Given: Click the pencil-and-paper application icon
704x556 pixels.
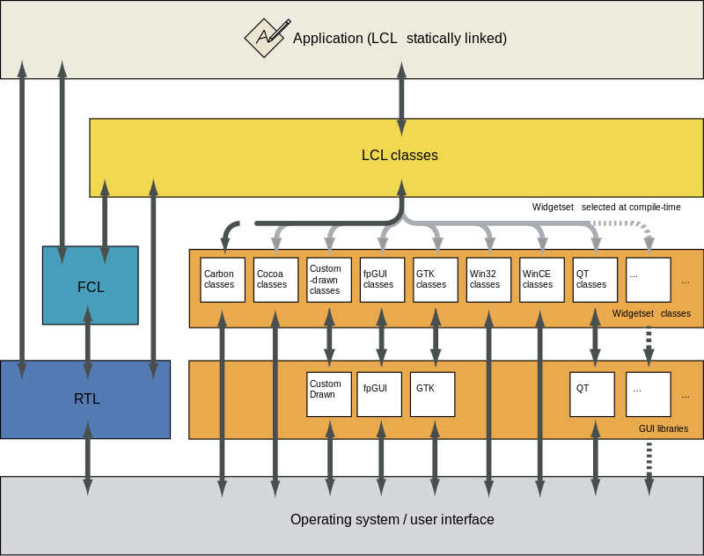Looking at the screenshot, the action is pyautogui.click(x=267, y=38).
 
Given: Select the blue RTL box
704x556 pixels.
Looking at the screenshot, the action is pyautogui.click(x=85, y=399).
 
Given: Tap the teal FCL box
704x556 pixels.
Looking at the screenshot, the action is pyautogui.click(x=91, y=285).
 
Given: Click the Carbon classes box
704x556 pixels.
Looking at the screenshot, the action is pyautogui.click(x=223, y=280).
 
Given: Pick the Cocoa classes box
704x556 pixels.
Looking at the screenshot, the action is pyautogui.click(x=275, y=280).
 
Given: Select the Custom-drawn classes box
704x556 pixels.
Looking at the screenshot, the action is pyautogui.click(x=329, y=280).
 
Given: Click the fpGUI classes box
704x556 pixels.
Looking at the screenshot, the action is pyautogui.click(x=382, y=280).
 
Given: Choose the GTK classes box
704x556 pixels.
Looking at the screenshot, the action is pyautogui.click(x=436, y=280).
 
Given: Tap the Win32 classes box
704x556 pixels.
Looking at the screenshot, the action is pyautogui.click(x=488, y=280).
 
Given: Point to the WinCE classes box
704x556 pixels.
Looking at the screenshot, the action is pyautogui.click(x=542, y=280).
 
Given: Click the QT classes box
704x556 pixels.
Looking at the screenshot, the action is pyautogui.click(x=595, y=280).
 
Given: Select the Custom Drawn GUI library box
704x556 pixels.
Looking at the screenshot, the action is pyautogui.click(x=329, y=394).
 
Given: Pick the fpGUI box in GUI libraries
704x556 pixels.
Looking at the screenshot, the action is pyautogui.click(x=379, y=394).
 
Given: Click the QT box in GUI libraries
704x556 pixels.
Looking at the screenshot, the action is pyautogui.click(x=592, y=394).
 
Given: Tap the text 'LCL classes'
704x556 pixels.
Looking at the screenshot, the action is pyautogui.click(x=400, y=155).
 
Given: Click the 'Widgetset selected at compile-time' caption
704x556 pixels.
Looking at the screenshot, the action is pyautogui.click(x=606, y=207).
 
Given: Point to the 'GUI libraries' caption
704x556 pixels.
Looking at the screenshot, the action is pyautogui.click(x=664, y=428).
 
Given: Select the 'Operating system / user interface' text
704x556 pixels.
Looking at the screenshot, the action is pyautogui.click(x=392, y=519).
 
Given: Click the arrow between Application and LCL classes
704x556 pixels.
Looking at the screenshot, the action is pyautogui.click(x=402, y=99).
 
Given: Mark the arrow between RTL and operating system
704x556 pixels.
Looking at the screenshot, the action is pyautogui.click(x=87, y=458).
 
